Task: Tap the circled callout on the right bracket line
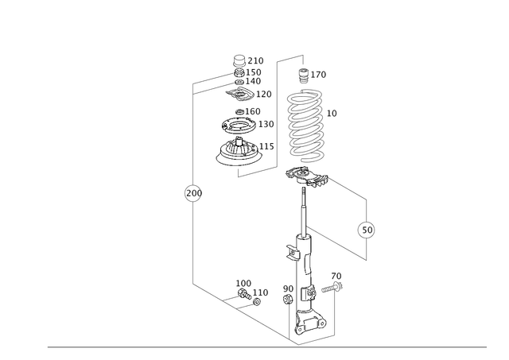point(366,230)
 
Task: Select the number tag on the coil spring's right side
point(332,112)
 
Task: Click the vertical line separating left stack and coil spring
point(276,111)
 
